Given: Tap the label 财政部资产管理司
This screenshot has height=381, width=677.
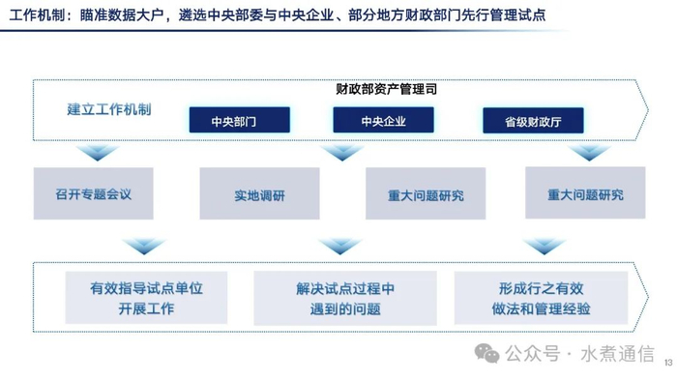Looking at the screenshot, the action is pyautogui.click(x=387, y=89).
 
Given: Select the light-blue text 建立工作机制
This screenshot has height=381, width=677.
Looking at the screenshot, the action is pyautogui.click(x=109, y=109).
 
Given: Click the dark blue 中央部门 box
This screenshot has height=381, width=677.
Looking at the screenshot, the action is pyautogui.click(x=240, y=120).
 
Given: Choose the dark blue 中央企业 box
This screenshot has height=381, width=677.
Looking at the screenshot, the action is pyautogui.click(x=383, y=120).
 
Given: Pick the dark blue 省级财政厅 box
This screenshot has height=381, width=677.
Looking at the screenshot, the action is pyautogui.click(x=533, y=120).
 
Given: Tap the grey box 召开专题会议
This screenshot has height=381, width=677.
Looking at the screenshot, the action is pyautogui.click(x=93, y=193).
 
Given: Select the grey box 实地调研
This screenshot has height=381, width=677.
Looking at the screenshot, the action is pyautogui.click(x=259, y=193).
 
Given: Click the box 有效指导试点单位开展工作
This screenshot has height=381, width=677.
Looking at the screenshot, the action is pyautogui.click(x=146, y=298).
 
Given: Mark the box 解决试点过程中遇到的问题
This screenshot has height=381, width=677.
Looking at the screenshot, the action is pyautogui.click(x=345, y=298).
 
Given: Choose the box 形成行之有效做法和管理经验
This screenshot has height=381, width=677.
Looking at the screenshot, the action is pyautogui.click(x=541, y=298).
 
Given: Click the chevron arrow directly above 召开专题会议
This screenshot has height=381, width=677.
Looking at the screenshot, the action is pyautogui.click(x=97, y=153).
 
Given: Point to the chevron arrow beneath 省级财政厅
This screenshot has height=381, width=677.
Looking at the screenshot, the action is pyautogui.click(x=589, y=153).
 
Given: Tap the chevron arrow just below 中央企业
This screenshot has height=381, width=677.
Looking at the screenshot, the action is pyautogui.click(x=342, y=153).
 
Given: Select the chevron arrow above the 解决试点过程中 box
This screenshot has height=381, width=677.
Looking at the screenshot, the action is pyautogui.click(x=339, y=247).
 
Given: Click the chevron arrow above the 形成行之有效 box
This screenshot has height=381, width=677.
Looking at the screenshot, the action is pyautogui.click(x=544, y=247).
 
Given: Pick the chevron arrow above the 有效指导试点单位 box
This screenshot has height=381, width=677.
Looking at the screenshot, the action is pyautogui.click(x=144, y=247).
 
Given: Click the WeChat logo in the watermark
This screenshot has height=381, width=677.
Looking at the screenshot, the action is pyautogui.click(x=487, y=353).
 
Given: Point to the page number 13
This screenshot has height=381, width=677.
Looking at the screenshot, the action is pyautogui.click(x=668, y=363).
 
